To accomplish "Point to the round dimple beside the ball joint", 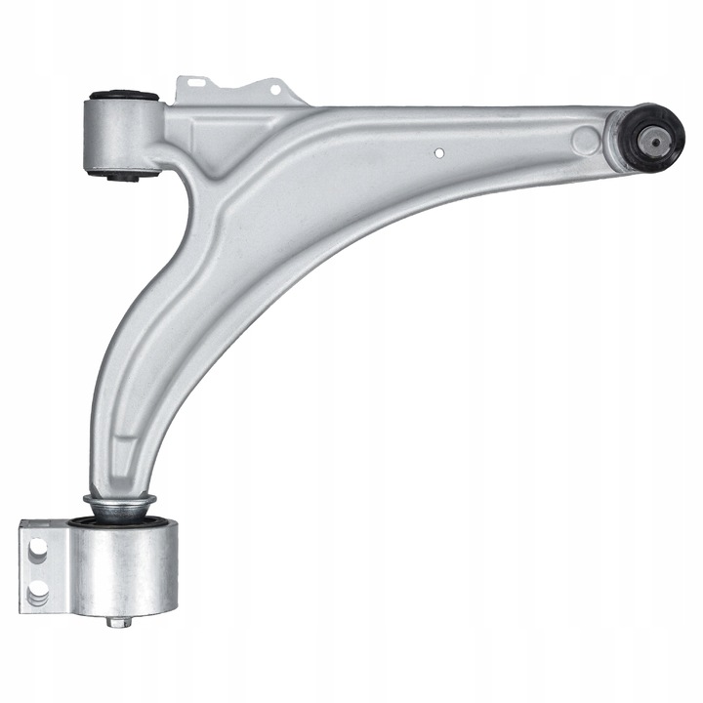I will click(588, 137).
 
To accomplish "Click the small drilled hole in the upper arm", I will click(439, 152).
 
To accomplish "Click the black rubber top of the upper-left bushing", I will click(123, 96).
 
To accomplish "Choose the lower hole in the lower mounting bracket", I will click(40, 592).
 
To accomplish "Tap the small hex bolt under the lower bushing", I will click(114, 621).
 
